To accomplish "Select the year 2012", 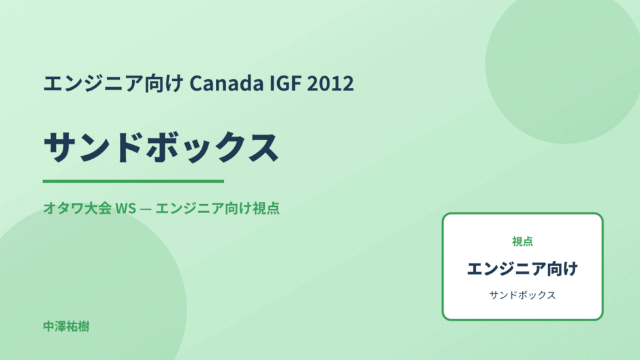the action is pyautogui.click(x=330, y=83).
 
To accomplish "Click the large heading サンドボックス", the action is pyautogui.click(x=161, y=148).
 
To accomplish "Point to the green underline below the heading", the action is pyautogui.click(x=133, y=181).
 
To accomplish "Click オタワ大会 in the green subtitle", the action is pyautogui.click(x=78, y=208).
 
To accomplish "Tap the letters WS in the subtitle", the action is pyautogui.click(x=126, y=208).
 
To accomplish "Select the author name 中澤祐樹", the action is pyautogui.click(x=66, y=327).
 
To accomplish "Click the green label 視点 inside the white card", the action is pyautogui.click(x=522, y=242).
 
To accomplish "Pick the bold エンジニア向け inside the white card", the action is pyautogui.click(x=522, y=269).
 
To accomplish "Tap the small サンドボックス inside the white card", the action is pyautogui.click(x=522, y=295).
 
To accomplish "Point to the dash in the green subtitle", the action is pyautogui.click(x=146, y=208).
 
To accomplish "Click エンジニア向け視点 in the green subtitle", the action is pyautogui.click(x=218, y=208).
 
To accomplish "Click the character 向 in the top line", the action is pyautogui.click(x=155, y=83).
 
